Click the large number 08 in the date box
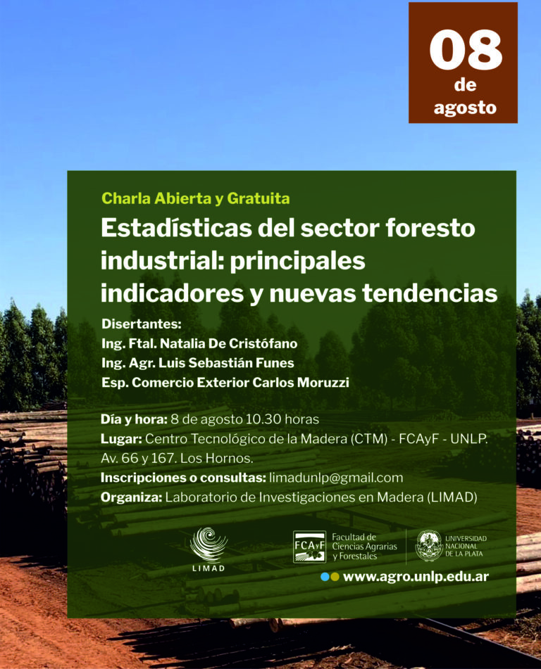466,51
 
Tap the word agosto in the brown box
465,108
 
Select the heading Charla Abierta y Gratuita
196,199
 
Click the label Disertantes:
142,324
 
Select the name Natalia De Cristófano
229,343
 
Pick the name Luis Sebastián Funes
227,363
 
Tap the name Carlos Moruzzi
301,382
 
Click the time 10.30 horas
282,419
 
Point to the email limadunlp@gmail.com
336,478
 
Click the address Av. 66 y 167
139,459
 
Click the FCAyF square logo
309,547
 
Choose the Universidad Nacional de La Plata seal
428,546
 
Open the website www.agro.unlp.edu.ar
416,577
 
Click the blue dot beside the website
325,577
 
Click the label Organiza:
132,497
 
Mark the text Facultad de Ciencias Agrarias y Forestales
364,547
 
